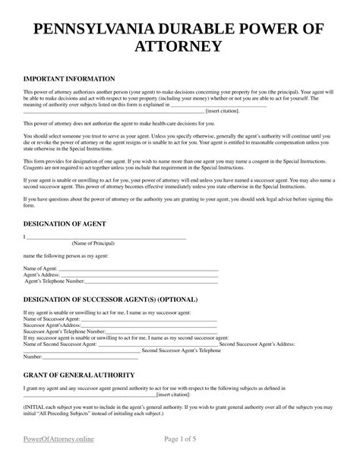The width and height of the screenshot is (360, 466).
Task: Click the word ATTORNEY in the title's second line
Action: pos(180,47)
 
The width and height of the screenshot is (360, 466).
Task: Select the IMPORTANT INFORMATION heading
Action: pos(69,78)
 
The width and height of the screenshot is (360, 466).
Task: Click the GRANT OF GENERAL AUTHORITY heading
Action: pos(80,376)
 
